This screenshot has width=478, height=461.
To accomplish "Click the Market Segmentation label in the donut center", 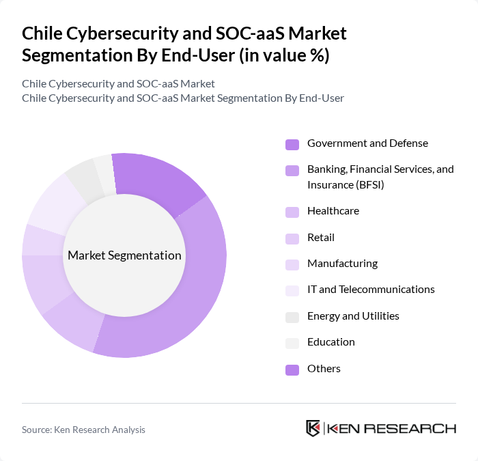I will [x=124, y=255].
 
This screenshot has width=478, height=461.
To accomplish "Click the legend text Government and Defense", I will [x=367, y=143].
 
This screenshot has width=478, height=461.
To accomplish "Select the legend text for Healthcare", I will [x=333, y=211].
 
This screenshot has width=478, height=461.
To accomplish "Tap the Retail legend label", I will [x=320, y=238].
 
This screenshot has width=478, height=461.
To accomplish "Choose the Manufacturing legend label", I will [x=342, y=264].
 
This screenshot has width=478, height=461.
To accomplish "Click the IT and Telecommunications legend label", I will [x=371, y=290].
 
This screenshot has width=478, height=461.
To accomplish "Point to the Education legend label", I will [x=331, y=342].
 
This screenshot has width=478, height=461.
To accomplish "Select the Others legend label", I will [x=324, y=369].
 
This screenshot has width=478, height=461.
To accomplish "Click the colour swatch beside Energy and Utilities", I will [x=292, y=317].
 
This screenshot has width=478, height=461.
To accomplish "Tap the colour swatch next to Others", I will [x=292, y=369].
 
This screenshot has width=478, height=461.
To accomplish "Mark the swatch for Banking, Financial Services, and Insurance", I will [x=292, y=170].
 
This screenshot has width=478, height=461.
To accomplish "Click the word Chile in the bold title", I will [x=42, y=33].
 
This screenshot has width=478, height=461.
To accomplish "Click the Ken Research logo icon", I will [x=313, y=429].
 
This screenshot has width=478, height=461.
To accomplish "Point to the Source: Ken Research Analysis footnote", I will [x=83, y=430].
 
